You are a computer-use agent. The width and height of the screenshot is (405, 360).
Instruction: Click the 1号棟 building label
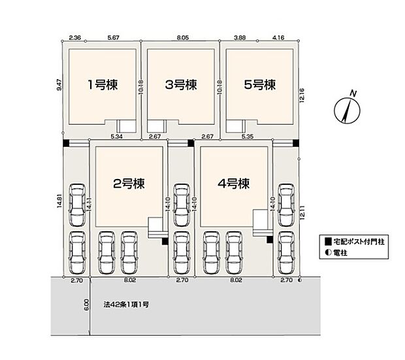[x=103, y=84]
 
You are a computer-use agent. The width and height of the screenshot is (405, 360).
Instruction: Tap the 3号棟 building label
[x=181, y=84]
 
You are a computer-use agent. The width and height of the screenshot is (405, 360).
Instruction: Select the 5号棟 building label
[x=260, y=84]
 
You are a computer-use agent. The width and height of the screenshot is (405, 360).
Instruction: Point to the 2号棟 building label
[x=129, y=184]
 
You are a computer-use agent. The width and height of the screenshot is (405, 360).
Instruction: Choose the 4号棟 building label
[x=234, y=184]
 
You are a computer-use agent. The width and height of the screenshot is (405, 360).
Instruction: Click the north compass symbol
[x=347, y=111]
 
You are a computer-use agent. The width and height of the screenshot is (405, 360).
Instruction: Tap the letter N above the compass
[x=353, y=93]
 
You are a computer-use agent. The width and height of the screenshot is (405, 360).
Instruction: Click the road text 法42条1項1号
[x=126, y=304]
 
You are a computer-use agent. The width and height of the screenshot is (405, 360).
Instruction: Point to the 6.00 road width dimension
[x=86, y=305]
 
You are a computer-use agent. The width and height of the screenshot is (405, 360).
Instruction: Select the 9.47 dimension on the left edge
[x=59, y=84]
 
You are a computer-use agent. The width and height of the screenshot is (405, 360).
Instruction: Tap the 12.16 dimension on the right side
[x=302, y=95]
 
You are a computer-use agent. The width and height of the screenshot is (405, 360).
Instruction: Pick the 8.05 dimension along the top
[x=183, y=38]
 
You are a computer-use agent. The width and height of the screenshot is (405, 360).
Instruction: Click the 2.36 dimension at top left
[x=75, y=38]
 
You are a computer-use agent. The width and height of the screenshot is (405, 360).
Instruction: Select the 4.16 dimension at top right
[x=278, y=38]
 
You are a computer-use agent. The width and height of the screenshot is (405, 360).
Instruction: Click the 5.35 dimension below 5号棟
[x=247, y=136]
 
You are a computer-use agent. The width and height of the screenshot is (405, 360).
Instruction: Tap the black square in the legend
[x=328, y=242]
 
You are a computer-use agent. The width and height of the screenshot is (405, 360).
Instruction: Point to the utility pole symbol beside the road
[x=300, y=280]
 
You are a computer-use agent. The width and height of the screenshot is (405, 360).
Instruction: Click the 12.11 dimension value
[x=302, y=212]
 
